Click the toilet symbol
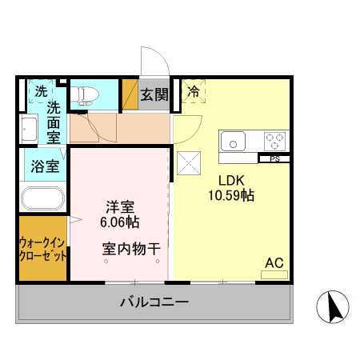point(84,95)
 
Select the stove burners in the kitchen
point(274,142)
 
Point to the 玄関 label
point(154,94)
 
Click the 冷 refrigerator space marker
point(193,92)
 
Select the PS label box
point(274,158)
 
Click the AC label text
point(274,262)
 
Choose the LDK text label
point(231,179)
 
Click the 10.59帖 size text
point(231,194)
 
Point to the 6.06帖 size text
point(118,220)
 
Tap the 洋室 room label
point(118,205)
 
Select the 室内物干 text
point(131,248)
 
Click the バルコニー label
point(154,302)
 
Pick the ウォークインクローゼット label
point(42,249)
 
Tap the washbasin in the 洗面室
point(28,128)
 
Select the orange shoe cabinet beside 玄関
point(130,94)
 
